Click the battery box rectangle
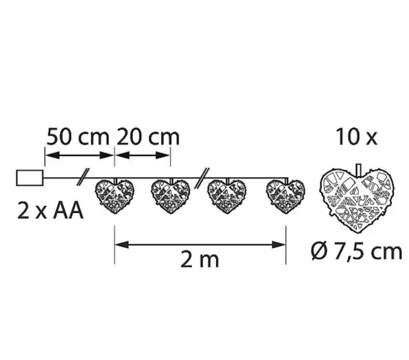[x=30, y=178]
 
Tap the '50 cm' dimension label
[x=78, y=136]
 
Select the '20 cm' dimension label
[x=148, y=136]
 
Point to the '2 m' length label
[x=200, y=260]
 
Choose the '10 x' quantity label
[x=357, y=136]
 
